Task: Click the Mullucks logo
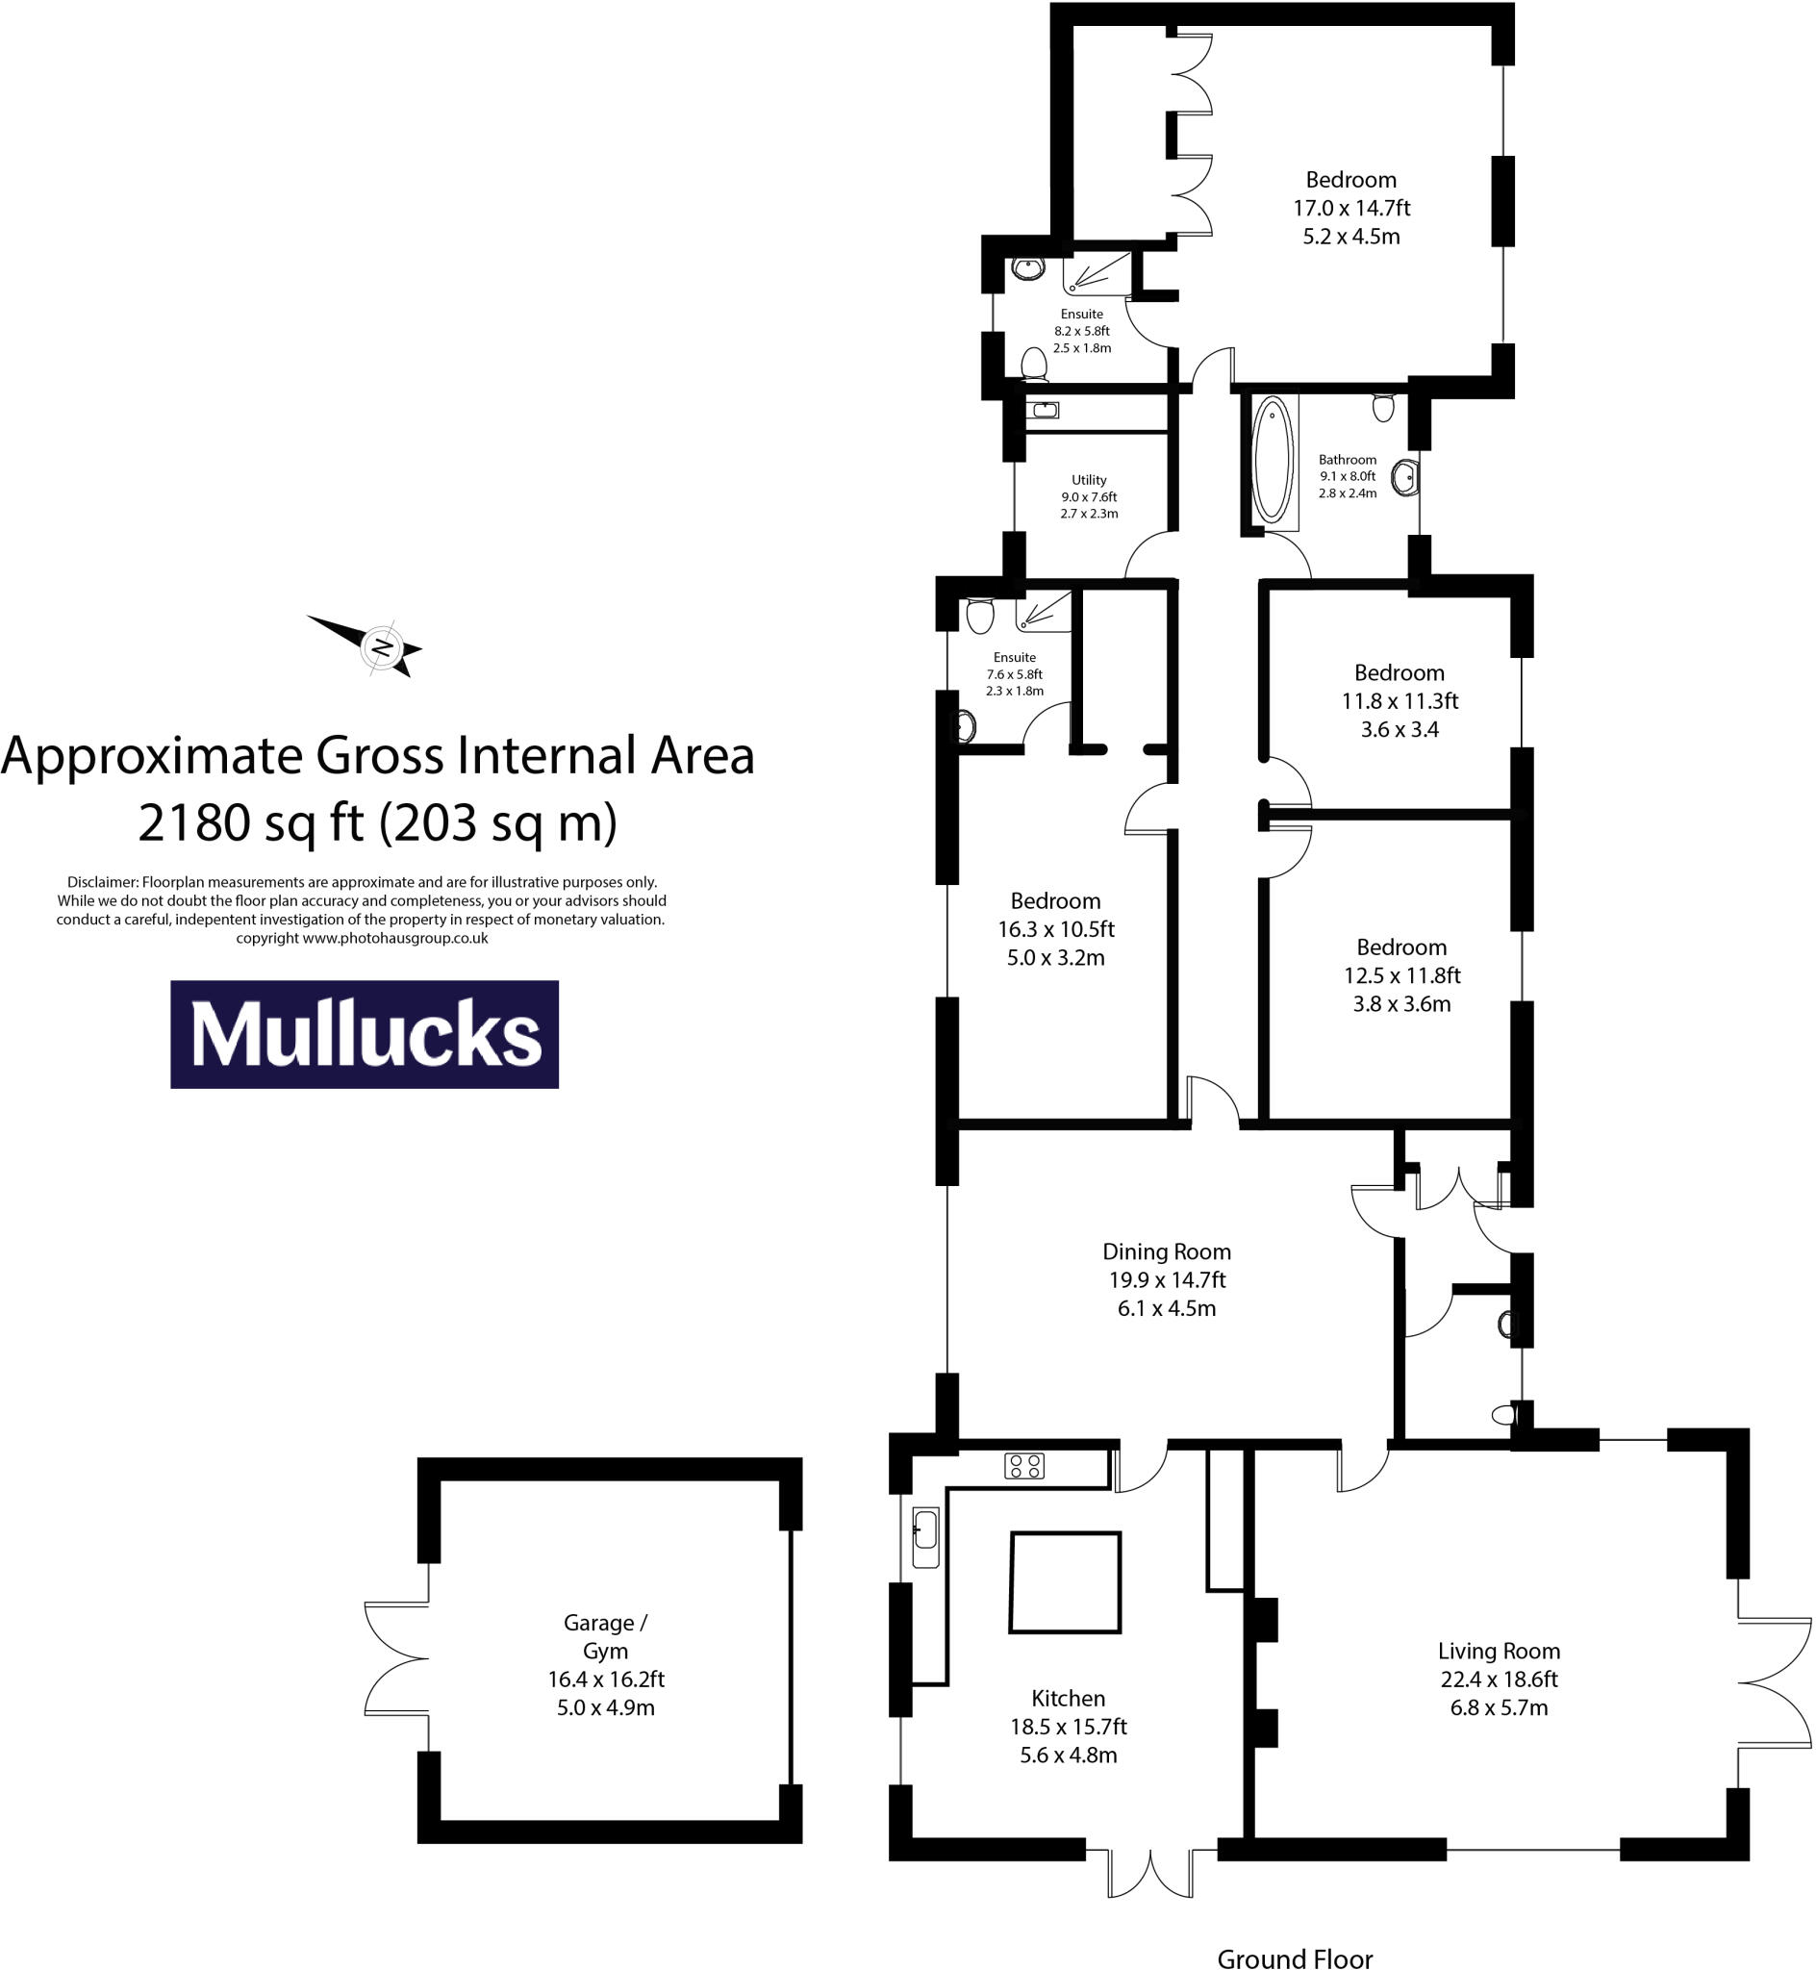click(365, 1034)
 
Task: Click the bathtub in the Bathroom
click(1273, 460)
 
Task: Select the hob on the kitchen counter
click(1024, 1467)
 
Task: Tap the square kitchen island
click(1065, 1582)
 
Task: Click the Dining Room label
click(1167, 1251)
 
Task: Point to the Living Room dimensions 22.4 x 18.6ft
click(1499, 1680)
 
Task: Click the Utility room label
click(1089, 479)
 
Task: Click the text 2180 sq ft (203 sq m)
click(377, 823)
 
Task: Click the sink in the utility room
click(1043, 410)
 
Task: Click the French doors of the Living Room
click(1775, 1683)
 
